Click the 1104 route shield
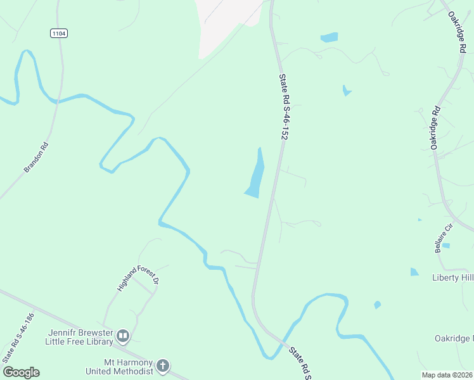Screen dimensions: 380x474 [58, 32]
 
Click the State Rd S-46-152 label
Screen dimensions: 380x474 [288, 106]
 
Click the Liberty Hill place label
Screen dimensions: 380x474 [452, 277]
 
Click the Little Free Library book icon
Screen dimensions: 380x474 [124, 336]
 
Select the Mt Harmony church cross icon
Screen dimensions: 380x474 [163, 365]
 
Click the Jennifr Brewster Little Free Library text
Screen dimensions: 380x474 [79, 337]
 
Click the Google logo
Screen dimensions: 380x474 [21, 372]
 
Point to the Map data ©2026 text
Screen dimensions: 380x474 [447, 375]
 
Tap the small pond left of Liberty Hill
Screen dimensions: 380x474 [414, 272]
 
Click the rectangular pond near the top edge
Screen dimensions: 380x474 [330, 37]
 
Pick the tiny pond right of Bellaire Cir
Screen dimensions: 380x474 [445, 246]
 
